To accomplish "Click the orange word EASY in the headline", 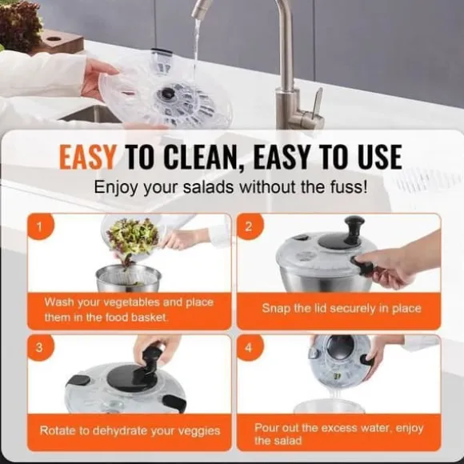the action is [x=87, y=157].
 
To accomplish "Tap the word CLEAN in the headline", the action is [x=200, y=157].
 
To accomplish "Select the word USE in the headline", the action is [x=380, y=157].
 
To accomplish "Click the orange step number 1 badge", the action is [x=40, y=226].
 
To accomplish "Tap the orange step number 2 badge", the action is [x=250, y=226].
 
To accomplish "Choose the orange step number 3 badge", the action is [x=40, y=348].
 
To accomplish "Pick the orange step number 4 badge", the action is [x=250, y=348].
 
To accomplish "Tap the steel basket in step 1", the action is [x=129, y=278].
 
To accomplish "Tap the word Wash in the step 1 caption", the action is [x=58, y=302].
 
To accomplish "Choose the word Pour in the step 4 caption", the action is [x=266, y=428].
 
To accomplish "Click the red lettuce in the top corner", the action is [x=19, y=24].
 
